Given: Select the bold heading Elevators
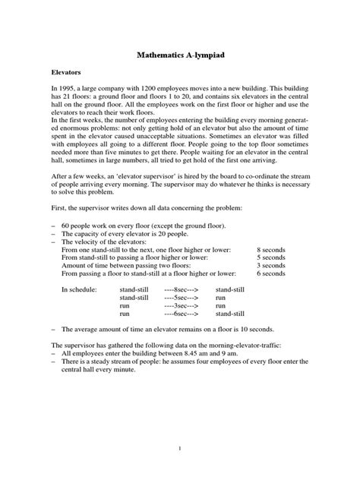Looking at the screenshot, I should [x=65, y=78].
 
